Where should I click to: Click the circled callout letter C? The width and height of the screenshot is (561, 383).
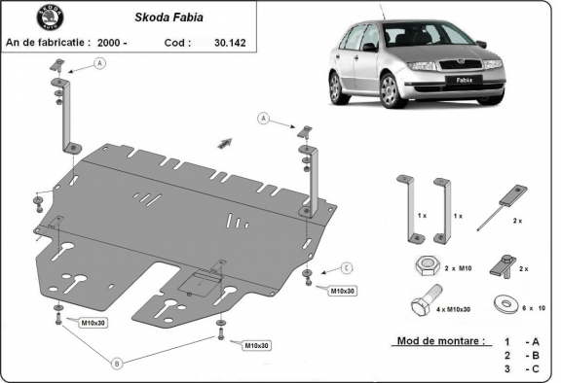[346, 267]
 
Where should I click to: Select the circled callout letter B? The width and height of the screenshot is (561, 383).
[118, 364]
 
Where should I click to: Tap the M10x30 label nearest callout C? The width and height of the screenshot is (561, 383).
[343, 291]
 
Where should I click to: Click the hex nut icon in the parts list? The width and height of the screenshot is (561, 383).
[427, 265]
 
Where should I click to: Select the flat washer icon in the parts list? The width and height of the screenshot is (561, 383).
[505, 302]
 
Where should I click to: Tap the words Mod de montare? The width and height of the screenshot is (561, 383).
[439, 341]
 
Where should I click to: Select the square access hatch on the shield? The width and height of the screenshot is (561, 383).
[203, 281]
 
